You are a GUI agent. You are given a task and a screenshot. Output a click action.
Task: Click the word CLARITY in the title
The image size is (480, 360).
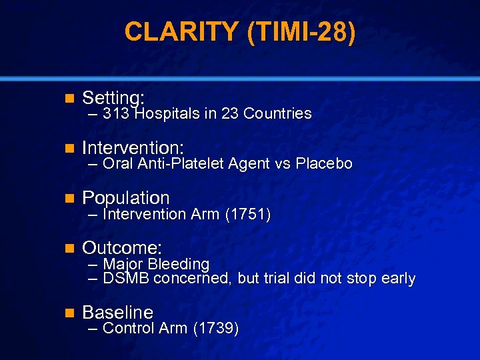pyautogui.click(x=181, y=31)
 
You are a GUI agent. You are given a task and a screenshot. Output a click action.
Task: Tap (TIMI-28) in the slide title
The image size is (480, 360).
pyautogui.click(x=301, y=31)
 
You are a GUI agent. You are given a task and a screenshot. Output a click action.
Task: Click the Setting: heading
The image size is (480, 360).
pyautogui.click(x=113, y=98)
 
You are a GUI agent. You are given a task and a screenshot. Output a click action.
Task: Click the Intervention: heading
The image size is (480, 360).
pyautogui.click(x=133, y=146)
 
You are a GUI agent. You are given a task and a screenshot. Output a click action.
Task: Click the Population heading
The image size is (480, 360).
pyautogui.click(x=125, y=197)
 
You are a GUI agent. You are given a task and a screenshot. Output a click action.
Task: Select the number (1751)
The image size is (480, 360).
pyautogui.click(x=247, y=214)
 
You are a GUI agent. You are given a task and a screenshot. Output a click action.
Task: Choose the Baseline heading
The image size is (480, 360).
pyautogui.click(x=117, y=312)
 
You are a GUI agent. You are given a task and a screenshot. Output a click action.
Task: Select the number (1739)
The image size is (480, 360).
pyautogui.click(x=216, y=328)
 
